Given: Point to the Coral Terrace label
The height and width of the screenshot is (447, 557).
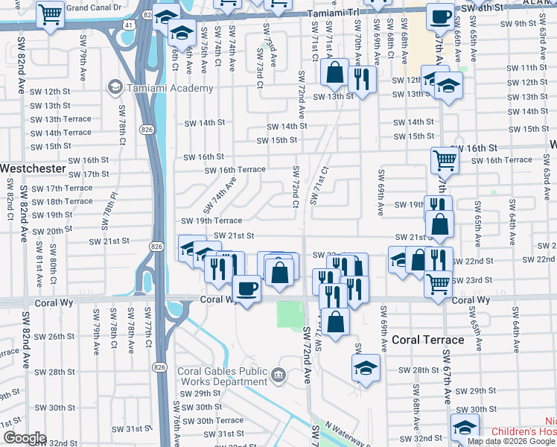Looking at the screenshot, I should tap(428, 340).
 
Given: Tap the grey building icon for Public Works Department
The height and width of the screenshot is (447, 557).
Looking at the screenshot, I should tap(278, 374).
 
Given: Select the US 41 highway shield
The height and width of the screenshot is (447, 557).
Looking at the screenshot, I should tap(130, 25).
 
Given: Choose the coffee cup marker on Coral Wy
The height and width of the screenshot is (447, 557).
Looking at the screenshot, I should tap(246, 288).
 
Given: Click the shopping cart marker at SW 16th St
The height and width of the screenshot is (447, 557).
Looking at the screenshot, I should tap(444, 159).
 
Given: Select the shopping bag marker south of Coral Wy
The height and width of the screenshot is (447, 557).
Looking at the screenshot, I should tap(336, 322).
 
